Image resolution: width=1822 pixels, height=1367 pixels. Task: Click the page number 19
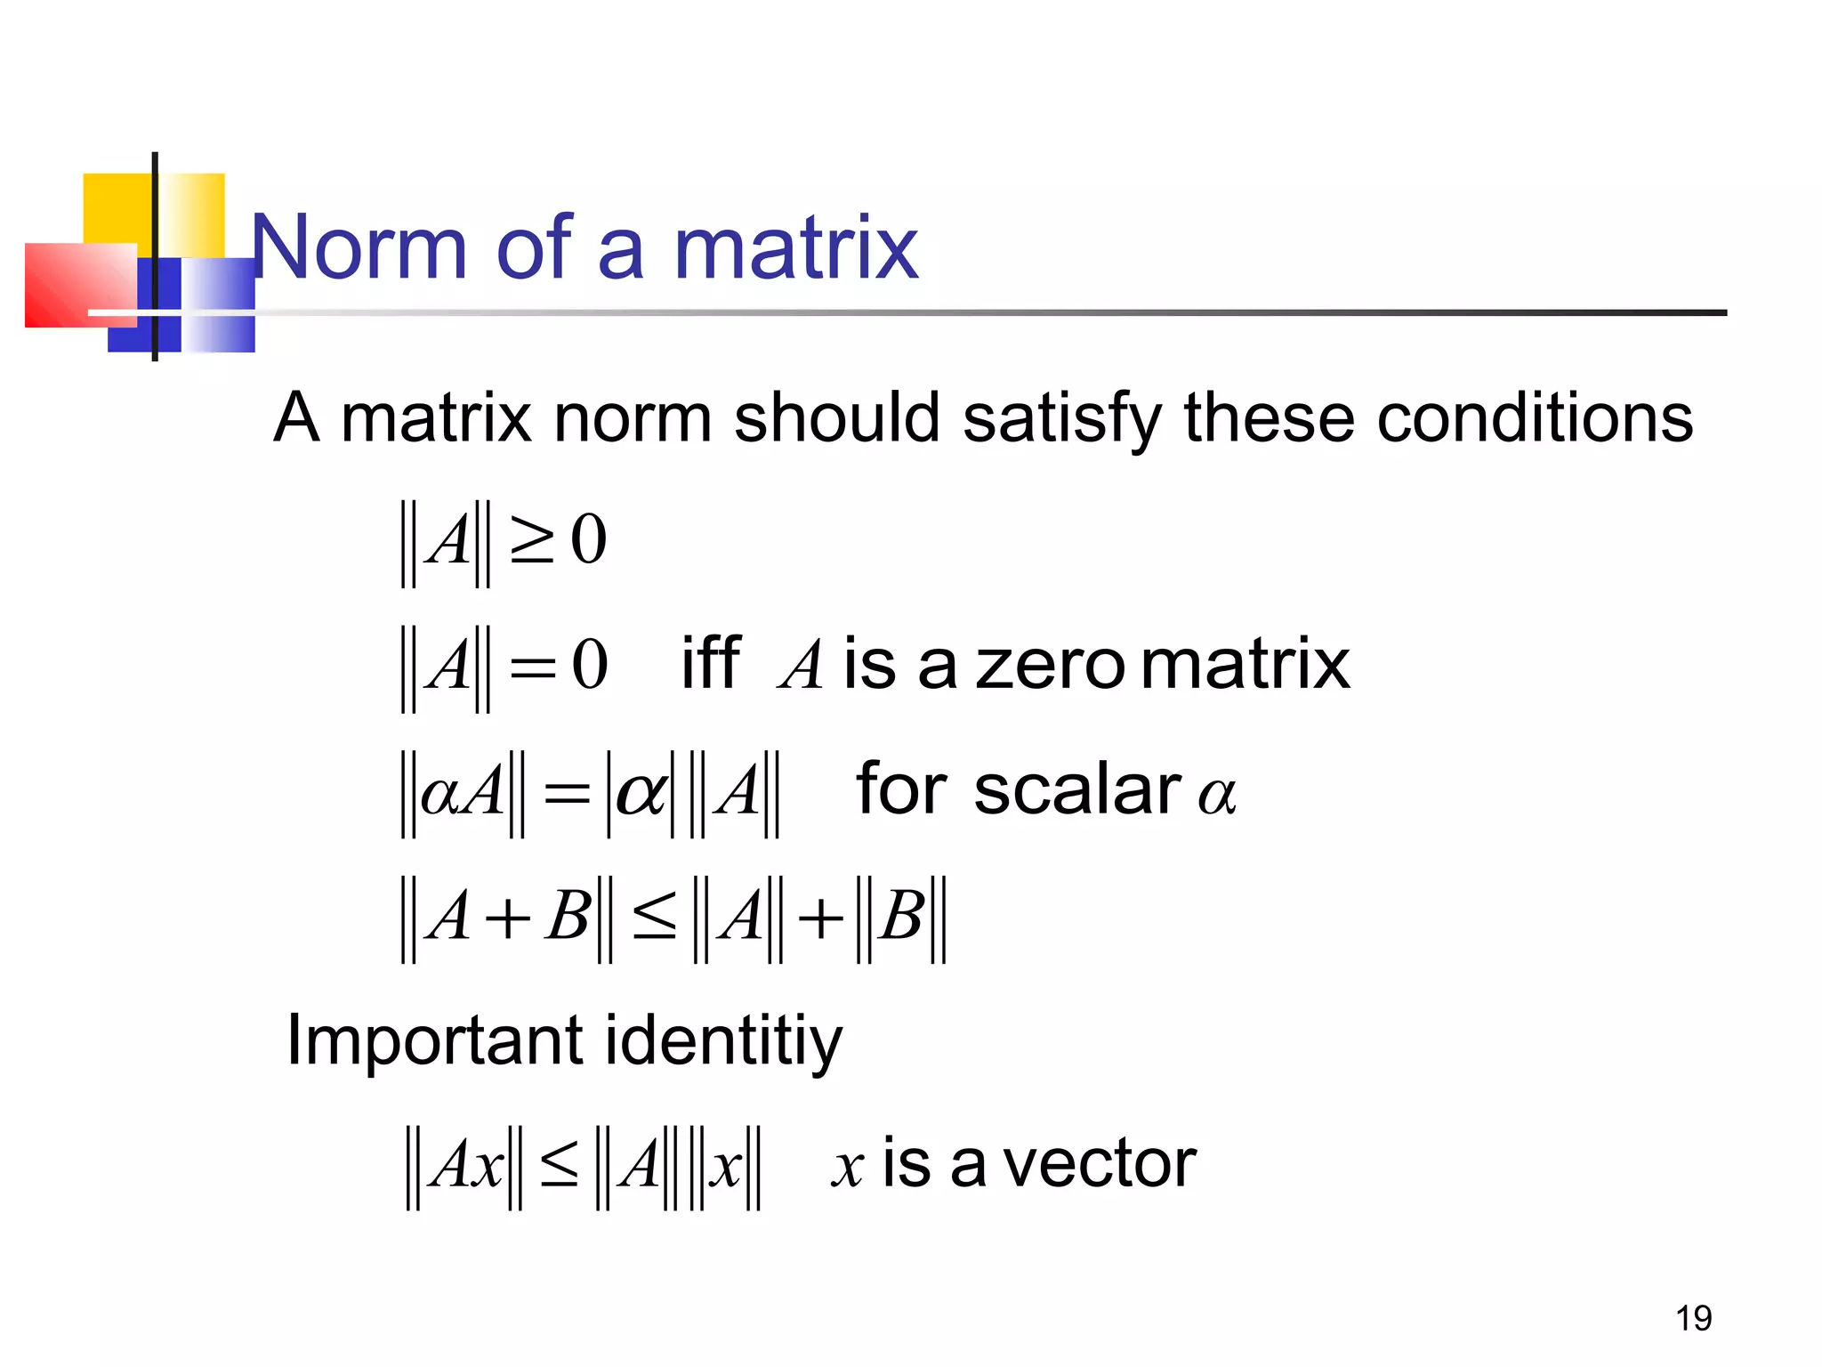click(1693, 1318)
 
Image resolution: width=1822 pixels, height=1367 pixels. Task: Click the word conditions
click(1535, 417)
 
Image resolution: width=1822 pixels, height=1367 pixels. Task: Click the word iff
click(710, 664)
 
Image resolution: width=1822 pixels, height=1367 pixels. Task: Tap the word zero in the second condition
click(1050, 666)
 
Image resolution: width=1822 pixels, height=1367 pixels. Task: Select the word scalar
click(1077, 789)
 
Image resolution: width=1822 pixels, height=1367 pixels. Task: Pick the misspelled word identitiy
click(722, 1040)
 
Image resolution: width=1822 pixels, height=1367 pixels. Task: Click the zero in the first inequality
click(588, 540)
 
